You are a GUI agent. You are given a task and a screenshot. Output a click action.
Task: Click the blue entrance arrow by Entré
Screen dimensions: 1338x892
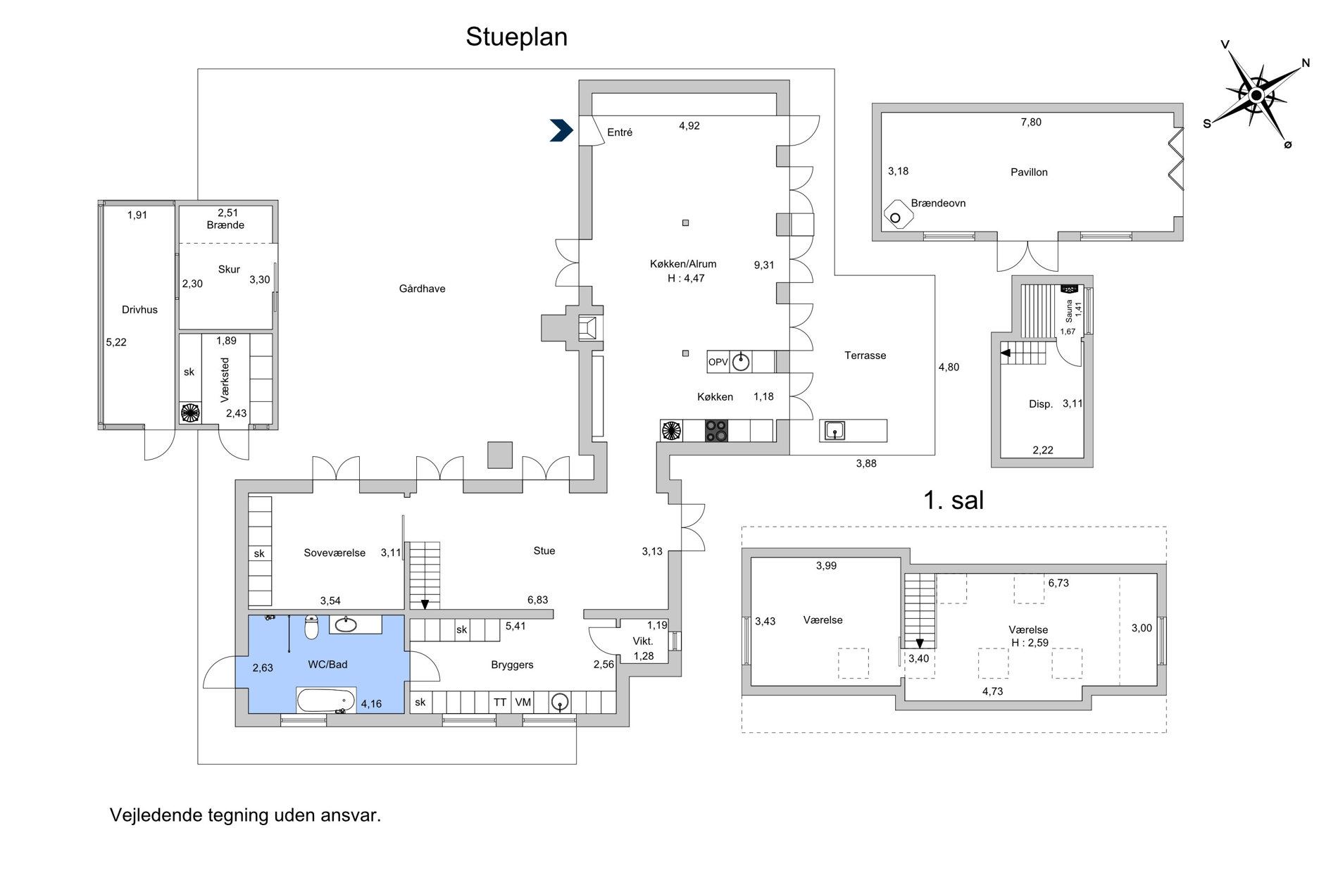click(561, 130)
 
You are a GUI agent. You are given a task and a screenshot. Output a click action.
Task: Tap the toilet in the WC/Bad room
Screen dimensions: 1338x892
click(312, 627)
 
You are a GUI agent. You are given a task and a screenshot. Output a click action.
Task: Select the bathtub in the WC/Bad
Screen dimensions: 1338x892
click(325, 701)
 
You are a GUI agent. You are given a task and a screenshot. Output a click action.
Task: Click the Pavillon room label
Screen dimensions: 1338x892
click(1029, 172)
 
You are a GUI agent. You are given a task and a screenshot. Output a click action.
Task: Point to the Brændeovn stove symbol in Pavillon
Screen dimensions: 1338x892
click(898, 214)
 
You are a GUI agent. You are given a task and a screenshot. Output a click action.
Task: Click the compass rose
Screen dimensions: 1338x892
click(1256, 95)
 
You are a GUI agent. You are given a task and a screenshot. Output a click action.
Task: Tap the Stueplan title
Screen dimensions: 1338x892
click(516, 37)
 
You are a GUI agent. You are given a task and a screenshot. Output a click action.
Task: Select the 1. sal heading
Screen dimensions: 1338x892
click(954, 500)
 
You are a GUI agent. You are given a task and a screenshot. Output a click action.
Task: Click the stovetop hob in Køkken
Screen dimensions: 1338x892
click(717, 430)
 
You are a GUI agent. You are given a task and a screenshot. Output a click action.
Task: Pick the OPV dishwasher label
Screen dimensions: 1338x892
click(718, 363)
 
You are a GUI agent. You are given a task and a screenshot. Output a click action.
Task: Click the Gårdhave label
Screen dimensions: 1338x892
click(422, 289)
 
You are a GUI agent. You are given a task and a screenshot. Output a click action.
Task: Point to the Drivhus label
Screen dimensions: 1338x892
click(139, 310)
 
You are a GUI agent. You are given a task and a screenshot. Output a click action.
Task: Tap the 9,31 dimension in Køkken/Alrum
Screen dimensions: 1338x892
click(764, 265)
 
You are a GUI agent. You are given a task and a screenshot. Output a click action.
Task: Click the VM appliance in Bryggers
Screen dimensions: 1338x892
click(523, 702)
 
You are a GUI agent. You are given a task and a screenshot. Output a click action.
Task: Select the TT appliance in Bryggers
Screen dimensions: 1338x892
click(500, 702)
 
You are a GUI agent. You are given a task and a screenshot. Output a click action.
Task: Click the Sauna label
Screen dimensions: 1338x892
click(1068, 310)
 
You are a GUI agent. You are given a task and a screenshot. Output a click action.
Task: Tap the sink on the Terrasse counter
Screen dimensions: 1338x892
click(834, 430)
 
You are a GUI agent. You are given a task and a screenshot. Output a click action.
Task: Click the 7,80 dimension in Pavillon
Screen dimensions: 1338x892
click(1031, 123)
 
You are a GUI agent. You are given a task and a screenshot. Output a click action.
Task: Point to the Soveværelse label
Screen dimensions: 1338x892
click(334, 553)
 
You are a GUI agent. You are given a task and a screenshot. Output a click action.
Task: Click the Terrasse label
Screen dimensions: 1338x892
click(865, 356)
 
